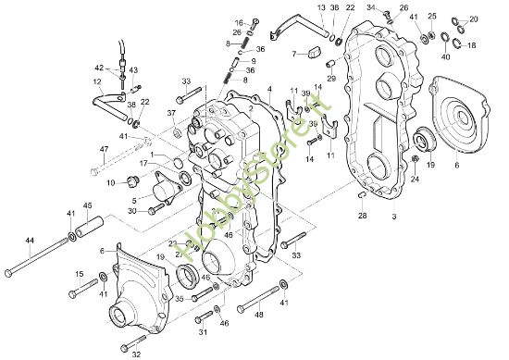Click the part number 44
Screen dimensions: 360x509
click(30, 240)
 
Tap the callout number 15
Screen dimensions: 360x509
click(80, 274)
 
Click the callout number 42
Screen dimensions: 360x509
click(99, 67)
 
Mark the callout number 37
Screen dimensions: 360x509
click(171, 114)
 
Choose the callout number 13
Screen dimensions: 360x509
click(320, 7)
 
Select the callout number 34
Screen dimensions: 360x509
click(370, 7)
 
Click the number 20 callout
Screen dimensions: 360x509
click(475, 19)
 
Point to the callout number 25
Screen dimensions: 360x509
click(433, 18)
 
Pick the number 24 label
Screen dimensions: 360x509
click(416, 180)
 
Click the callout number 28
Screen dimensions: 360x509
click(363, 215)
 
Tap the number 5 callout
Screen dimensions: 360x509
click(136, 198)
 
